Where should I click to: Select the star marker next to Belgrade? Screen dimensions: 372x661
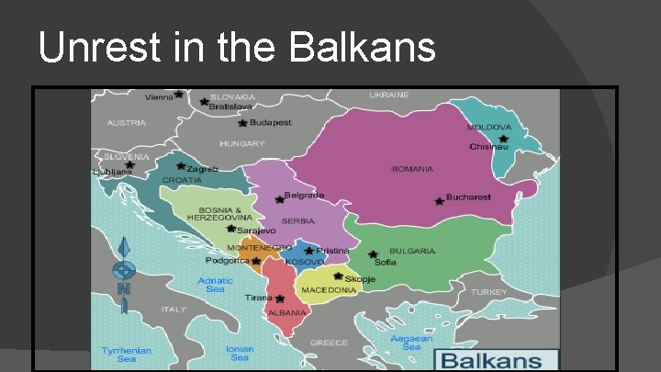click(x=279, y=198)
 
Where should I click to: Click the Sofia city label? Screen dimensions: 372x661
click(x=386, y=263)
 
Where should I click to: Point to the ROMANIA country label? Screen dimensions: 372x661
click(x=412, y=170)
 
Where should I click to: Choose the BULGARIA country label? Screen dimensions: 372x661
click(x=412, y=251)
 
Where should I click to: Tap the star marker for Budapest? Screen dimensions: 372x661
click(x=242, y=122)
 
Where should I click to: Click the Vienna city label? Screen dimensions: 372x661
click(x=159, y=96)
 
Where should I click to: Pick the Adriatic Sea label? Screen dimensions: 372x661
click(x=215, y=285)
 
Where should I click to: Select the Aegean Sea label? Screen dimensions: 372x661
click(x=411, y=342)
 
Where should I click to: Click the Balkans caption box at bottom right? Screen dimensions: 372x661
click(x=496, y=360)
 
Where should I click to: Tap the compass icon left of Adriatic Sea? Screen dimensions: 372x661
click(x=124, y=270)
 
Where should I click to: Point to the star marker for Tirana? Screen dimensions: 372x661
click(x=280, y=299)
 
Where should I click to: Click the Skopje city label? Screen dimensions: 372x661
click(x=359, y=277)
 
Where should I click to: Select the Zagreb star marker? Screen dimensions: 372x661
click(x=181, y=167)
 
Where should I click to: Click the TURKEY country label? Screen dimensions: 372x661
click(x=488, y=292)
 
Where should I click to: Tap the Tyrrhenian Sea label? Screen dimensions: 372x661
click(x=127, y=354)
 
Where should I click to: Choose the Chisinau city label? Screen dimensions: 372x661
click(x=488, y=147)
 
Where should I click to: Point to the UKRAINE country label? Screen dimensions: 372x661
click(x=389, y=95)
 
